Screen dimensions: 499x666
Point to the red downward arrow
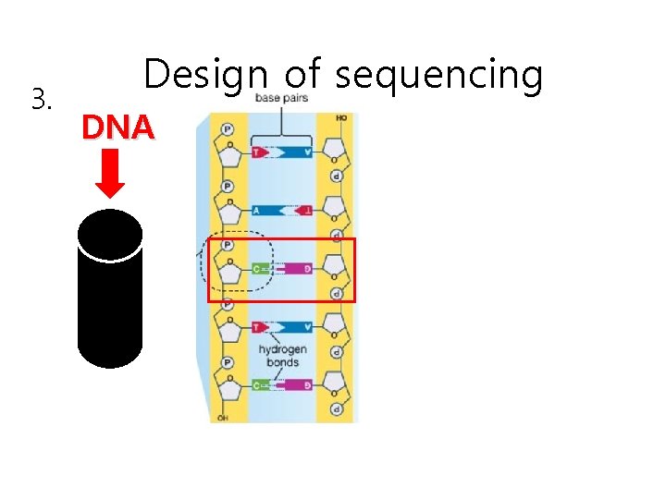coord(111,174)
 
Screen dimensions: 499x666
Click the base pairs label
coord(282,98)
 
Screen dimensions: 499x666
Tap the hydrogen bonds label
coord(282,356)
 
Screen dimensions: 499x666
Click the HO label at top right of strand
coord(341,118)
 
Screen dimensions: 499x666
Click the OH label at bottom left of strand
coord(223,418)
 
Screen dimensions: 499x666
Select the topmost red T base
coord(259,152)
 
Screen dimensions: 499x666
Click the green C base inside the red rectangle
coord(261,269)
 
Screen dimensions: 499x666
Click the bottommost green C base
coord(261,384)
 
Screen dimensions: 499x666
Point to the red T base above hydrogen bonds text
coord(259,327)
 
